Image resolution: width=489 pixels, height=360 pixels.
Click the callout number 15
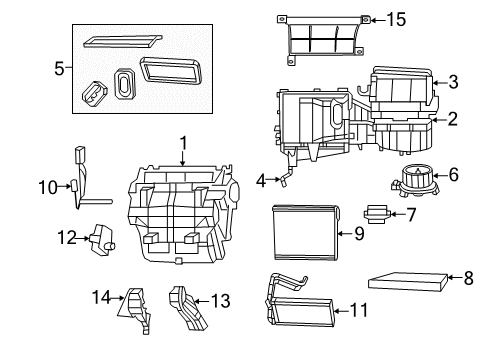pyautogui.click(x=398, y=19)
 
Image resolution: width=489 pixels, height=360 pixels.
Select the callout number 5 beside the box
pyautogui.click(x=59, y=71)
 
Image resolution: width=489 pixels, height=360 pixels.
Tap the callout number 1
pyautogui.click(x=183, y=142)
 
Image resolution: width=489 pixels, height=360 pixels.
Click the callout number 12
pyautogui.click(x=66, y=237)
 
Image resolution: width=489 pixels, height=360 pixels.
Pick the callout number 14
pyautogui.click(x=98, y=296)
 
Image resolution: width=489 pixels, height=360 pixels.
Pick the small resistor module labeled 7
pyautogui.click(x=376, y=213)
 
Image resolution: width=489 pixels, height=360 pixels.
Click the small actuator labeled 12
pyautogui.click(x=100, y=240)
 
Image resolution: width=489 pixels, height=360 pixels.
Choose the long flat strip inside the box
pyautogui.click(x=121, y=41)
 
